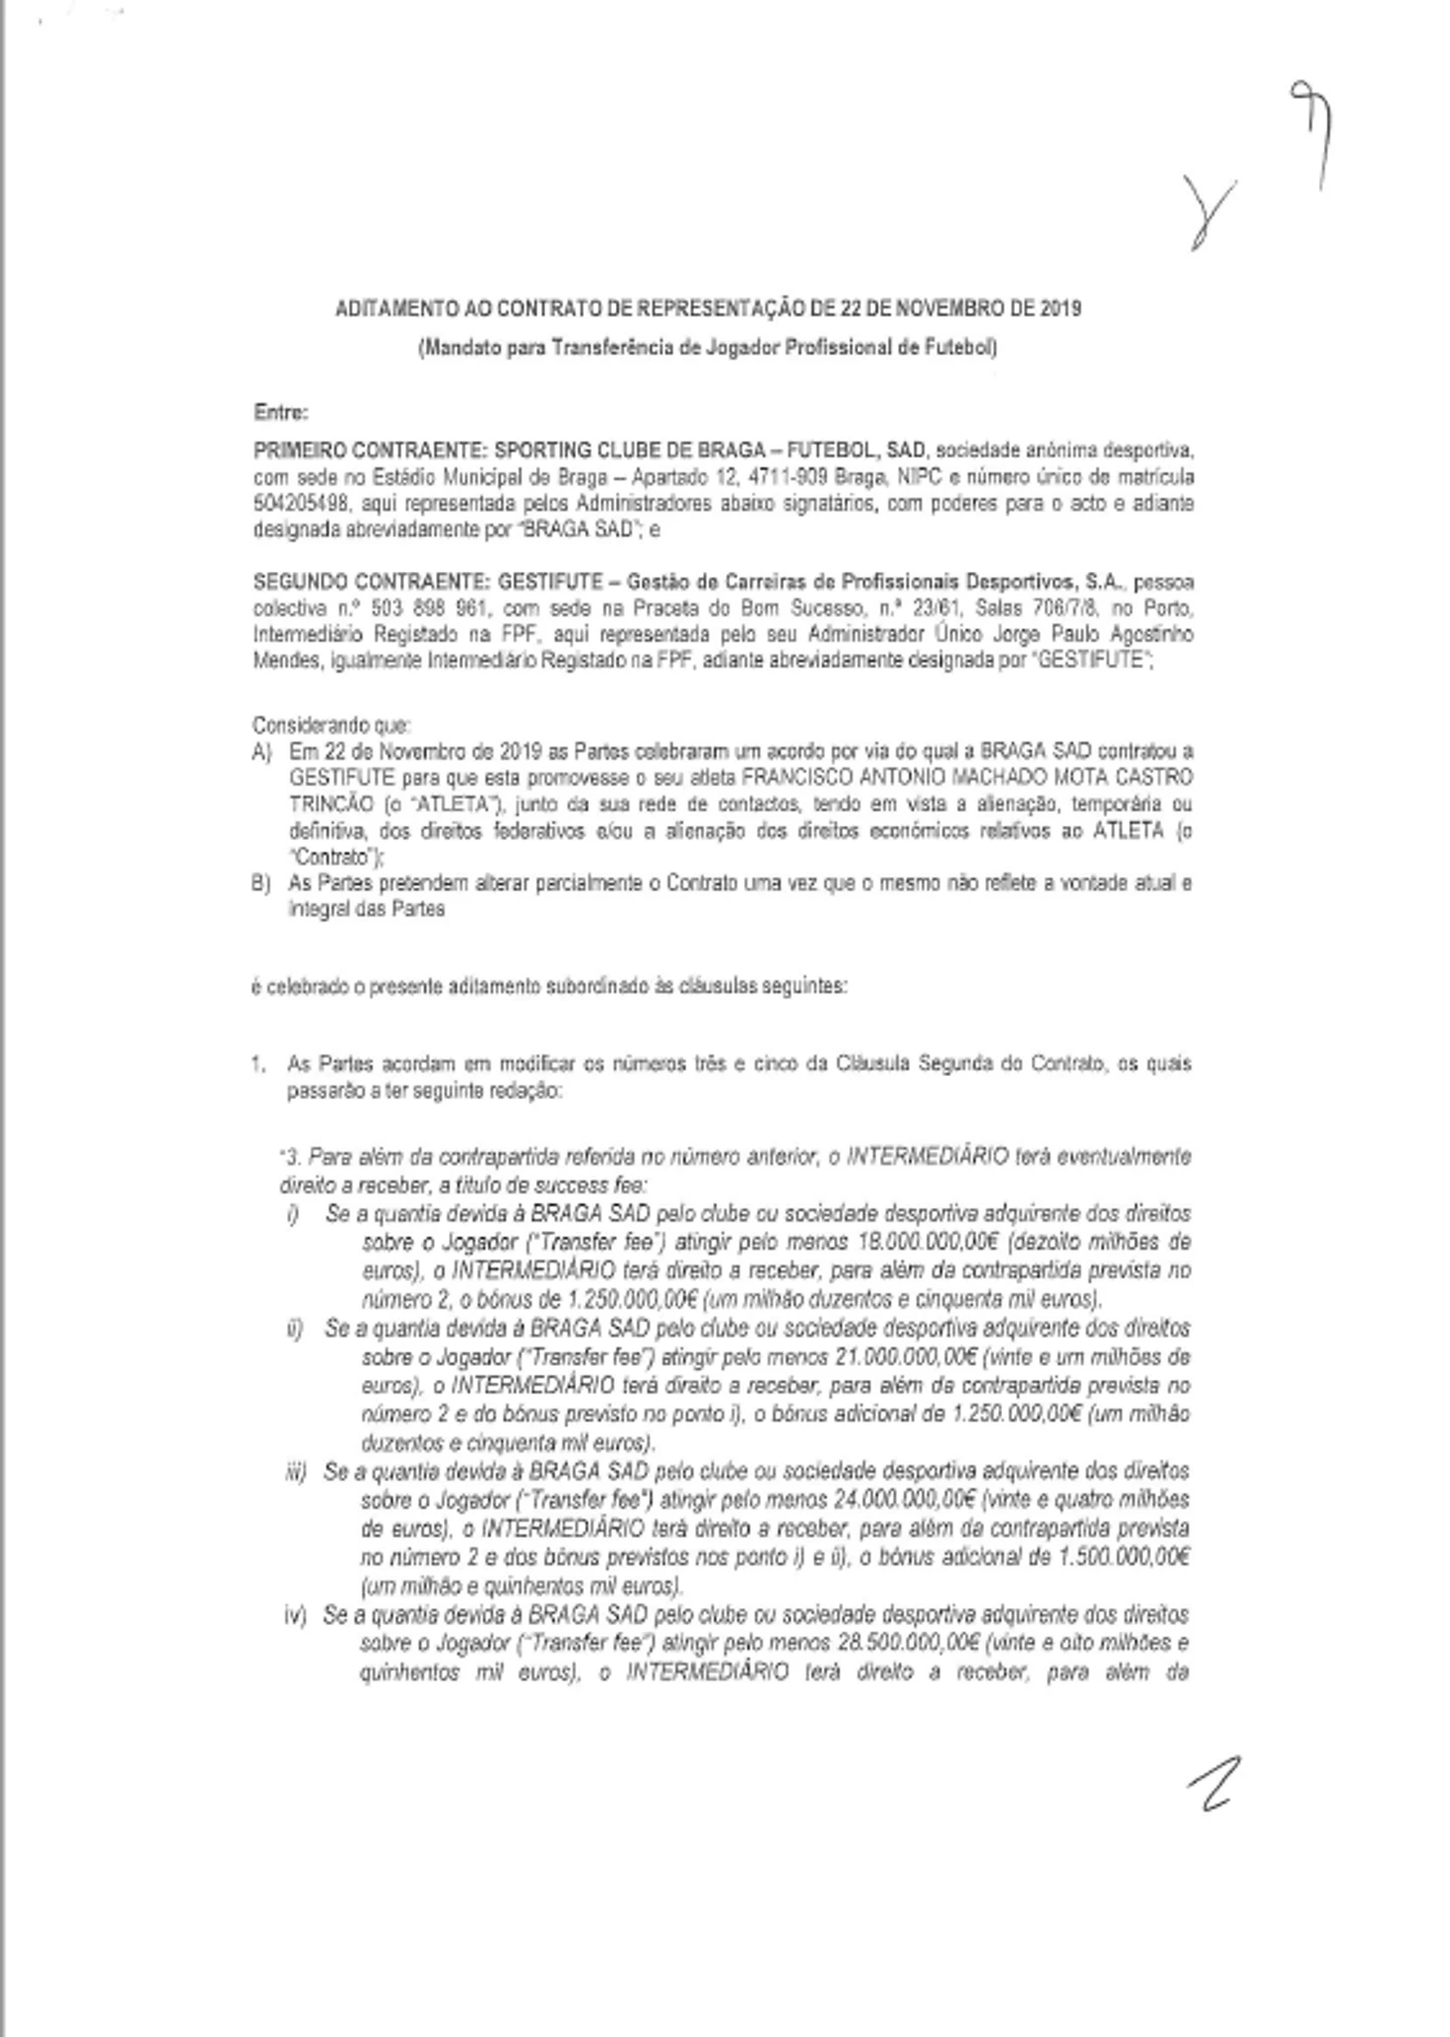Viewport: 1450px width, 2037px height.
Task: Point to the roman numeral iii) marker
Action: coord(295,1471)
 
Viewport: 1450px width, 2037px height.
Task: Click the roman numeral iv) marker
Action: coord(295,1616)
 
